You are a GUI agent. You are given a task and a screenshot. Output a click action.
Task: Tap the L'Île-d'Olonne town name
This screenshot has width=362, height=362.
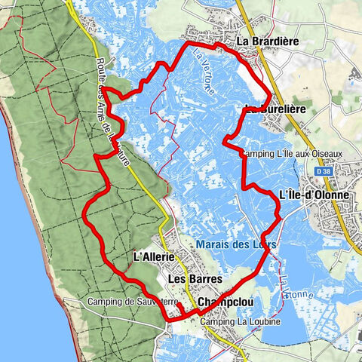click(x=314, y=195)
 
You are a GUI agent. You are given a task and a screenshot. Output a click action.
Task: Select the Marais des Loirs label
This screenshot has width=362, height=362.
click(x=235, y=244)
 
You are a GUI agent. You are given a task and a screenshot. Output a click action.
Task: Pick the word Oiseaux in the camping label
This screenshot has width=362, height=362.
click(x=325, y=154)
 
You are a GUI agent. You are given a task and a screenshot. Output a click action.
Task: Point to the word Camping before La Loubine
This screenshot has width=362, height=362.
click(x=216, y=322)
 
